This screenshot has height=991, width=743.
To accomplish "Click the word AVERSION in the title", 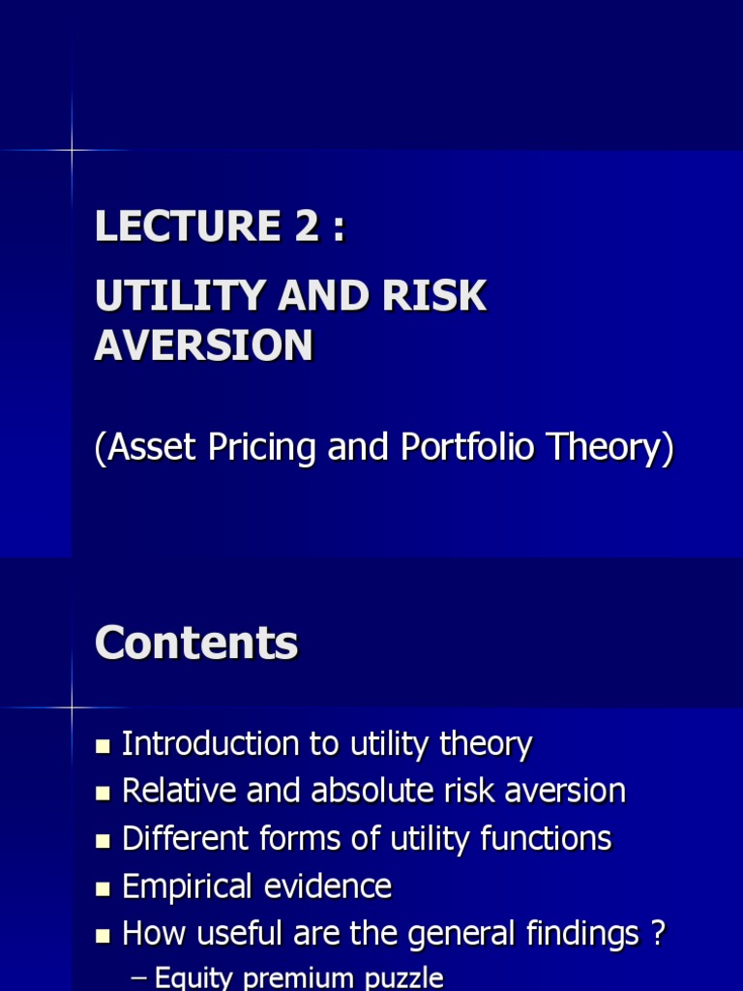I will coord(204,345).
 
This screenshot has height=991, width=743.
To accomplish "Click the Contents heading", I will coord(196,643).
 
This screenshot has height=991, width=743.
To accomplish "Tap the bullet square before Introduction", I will coord(104,746).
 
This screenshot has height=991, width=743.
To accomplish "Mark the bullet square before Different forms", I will coord(104,840).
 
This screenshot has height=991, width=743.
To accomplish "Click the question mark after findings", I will coord(658,933).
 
